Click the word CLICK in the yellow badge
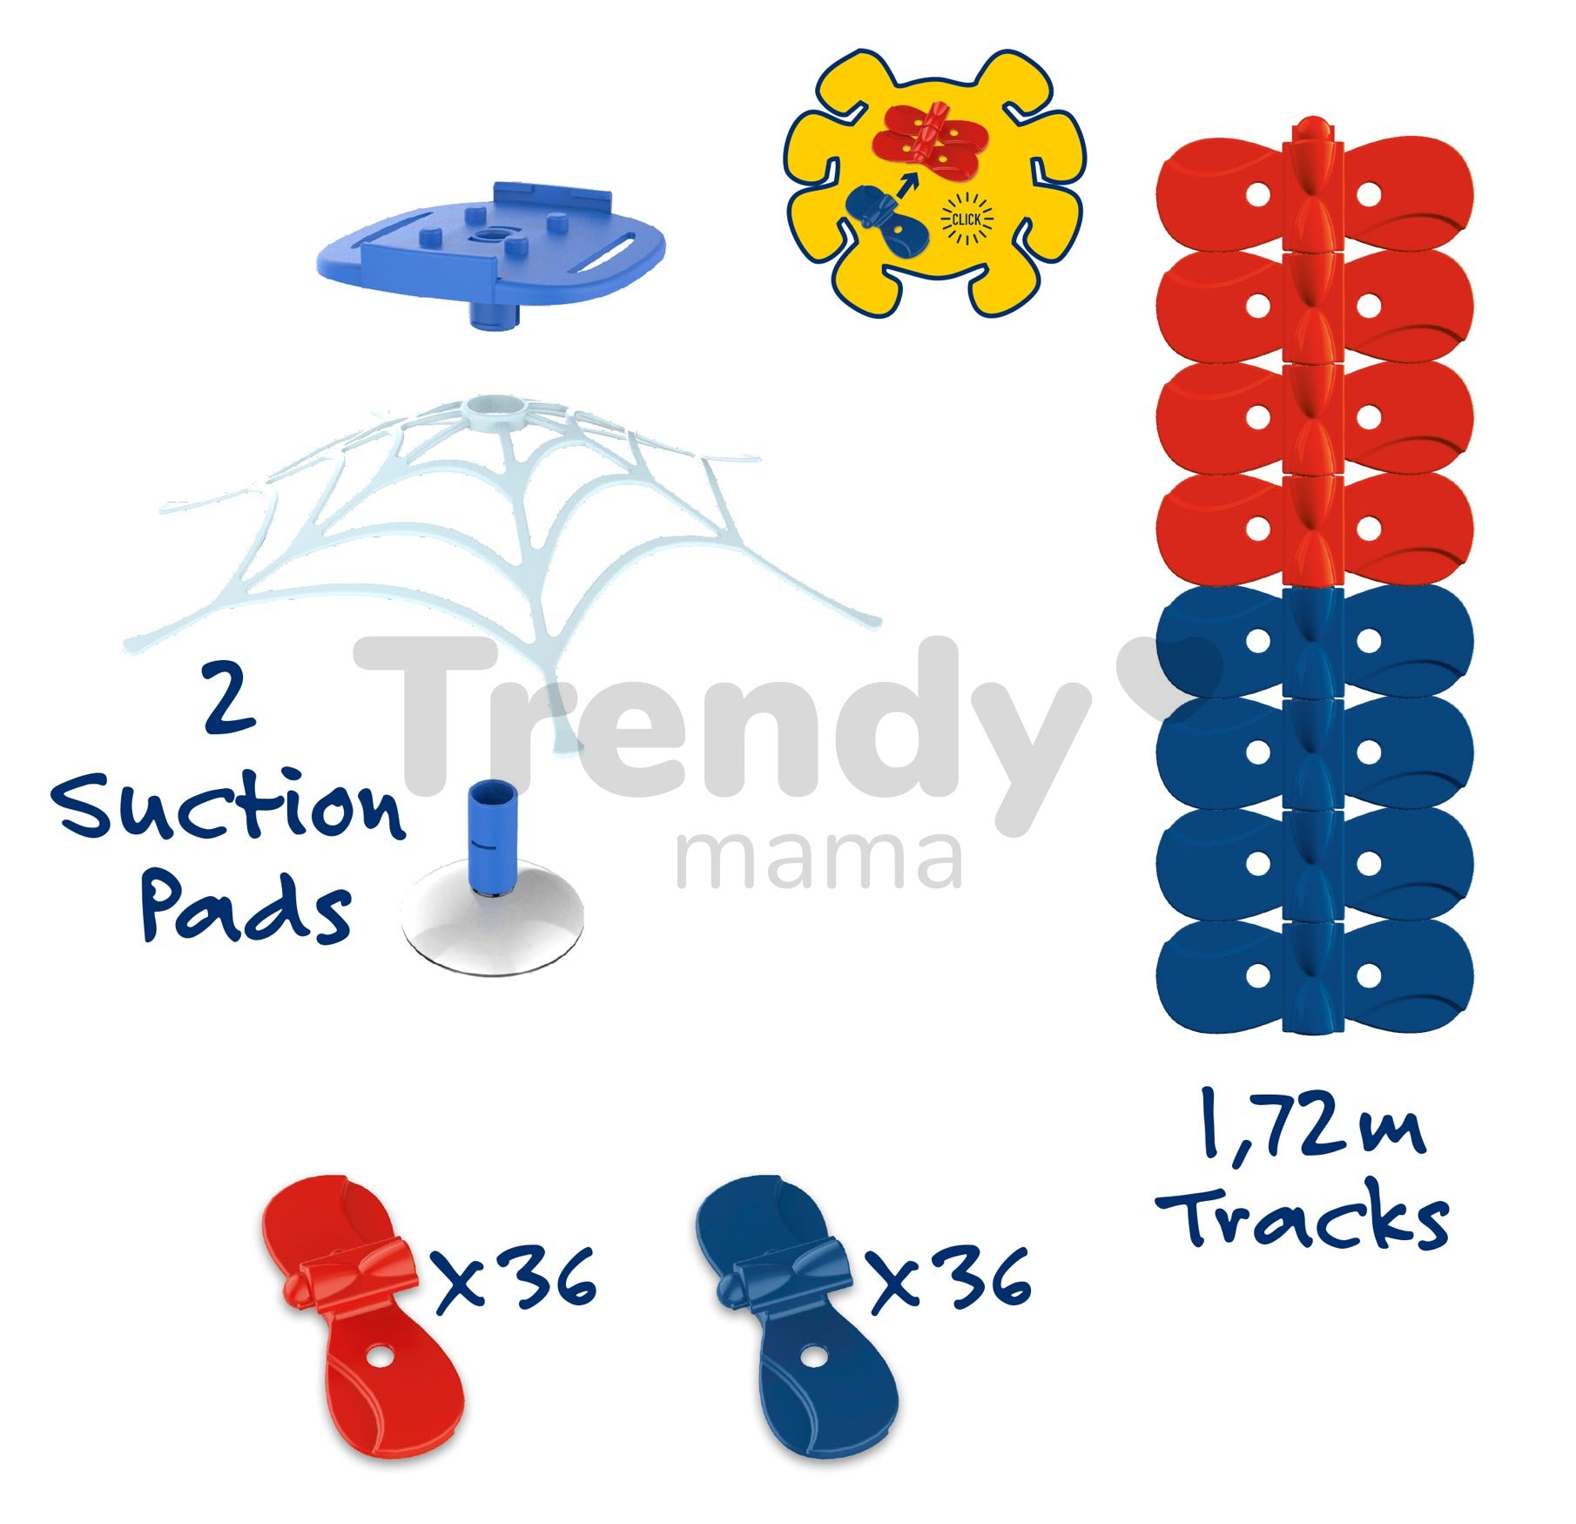point(966,219)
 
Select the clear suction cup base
point(493,923)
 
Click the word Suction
point(228,809)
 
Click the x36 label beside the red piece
point(516,1279)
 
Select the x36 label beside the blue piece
point(951,1279)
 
